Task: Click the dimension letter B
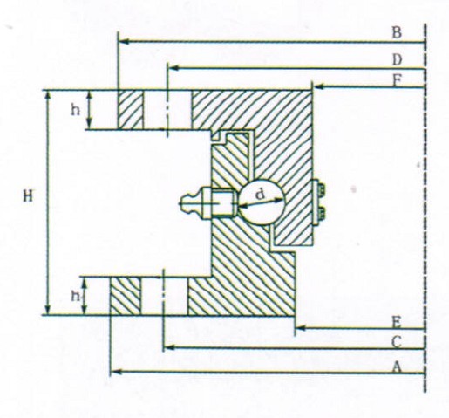point(397,32)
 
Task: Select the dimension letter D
point(397,60)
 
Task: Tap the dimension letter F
point(398,80)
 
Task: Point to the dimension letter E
point(397,322)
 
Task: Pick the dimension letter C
point(397,342)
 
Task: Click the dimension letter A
point(397,367)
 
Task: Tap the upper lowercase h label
point(76,110)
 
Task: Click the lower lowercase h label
point(76,296)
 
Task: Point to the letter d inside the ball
point(261,194)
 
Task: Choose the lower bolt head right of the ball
point(322,213)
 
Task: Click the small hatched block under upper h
point(131,110)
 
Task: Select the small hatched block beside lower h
point(126,296)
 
